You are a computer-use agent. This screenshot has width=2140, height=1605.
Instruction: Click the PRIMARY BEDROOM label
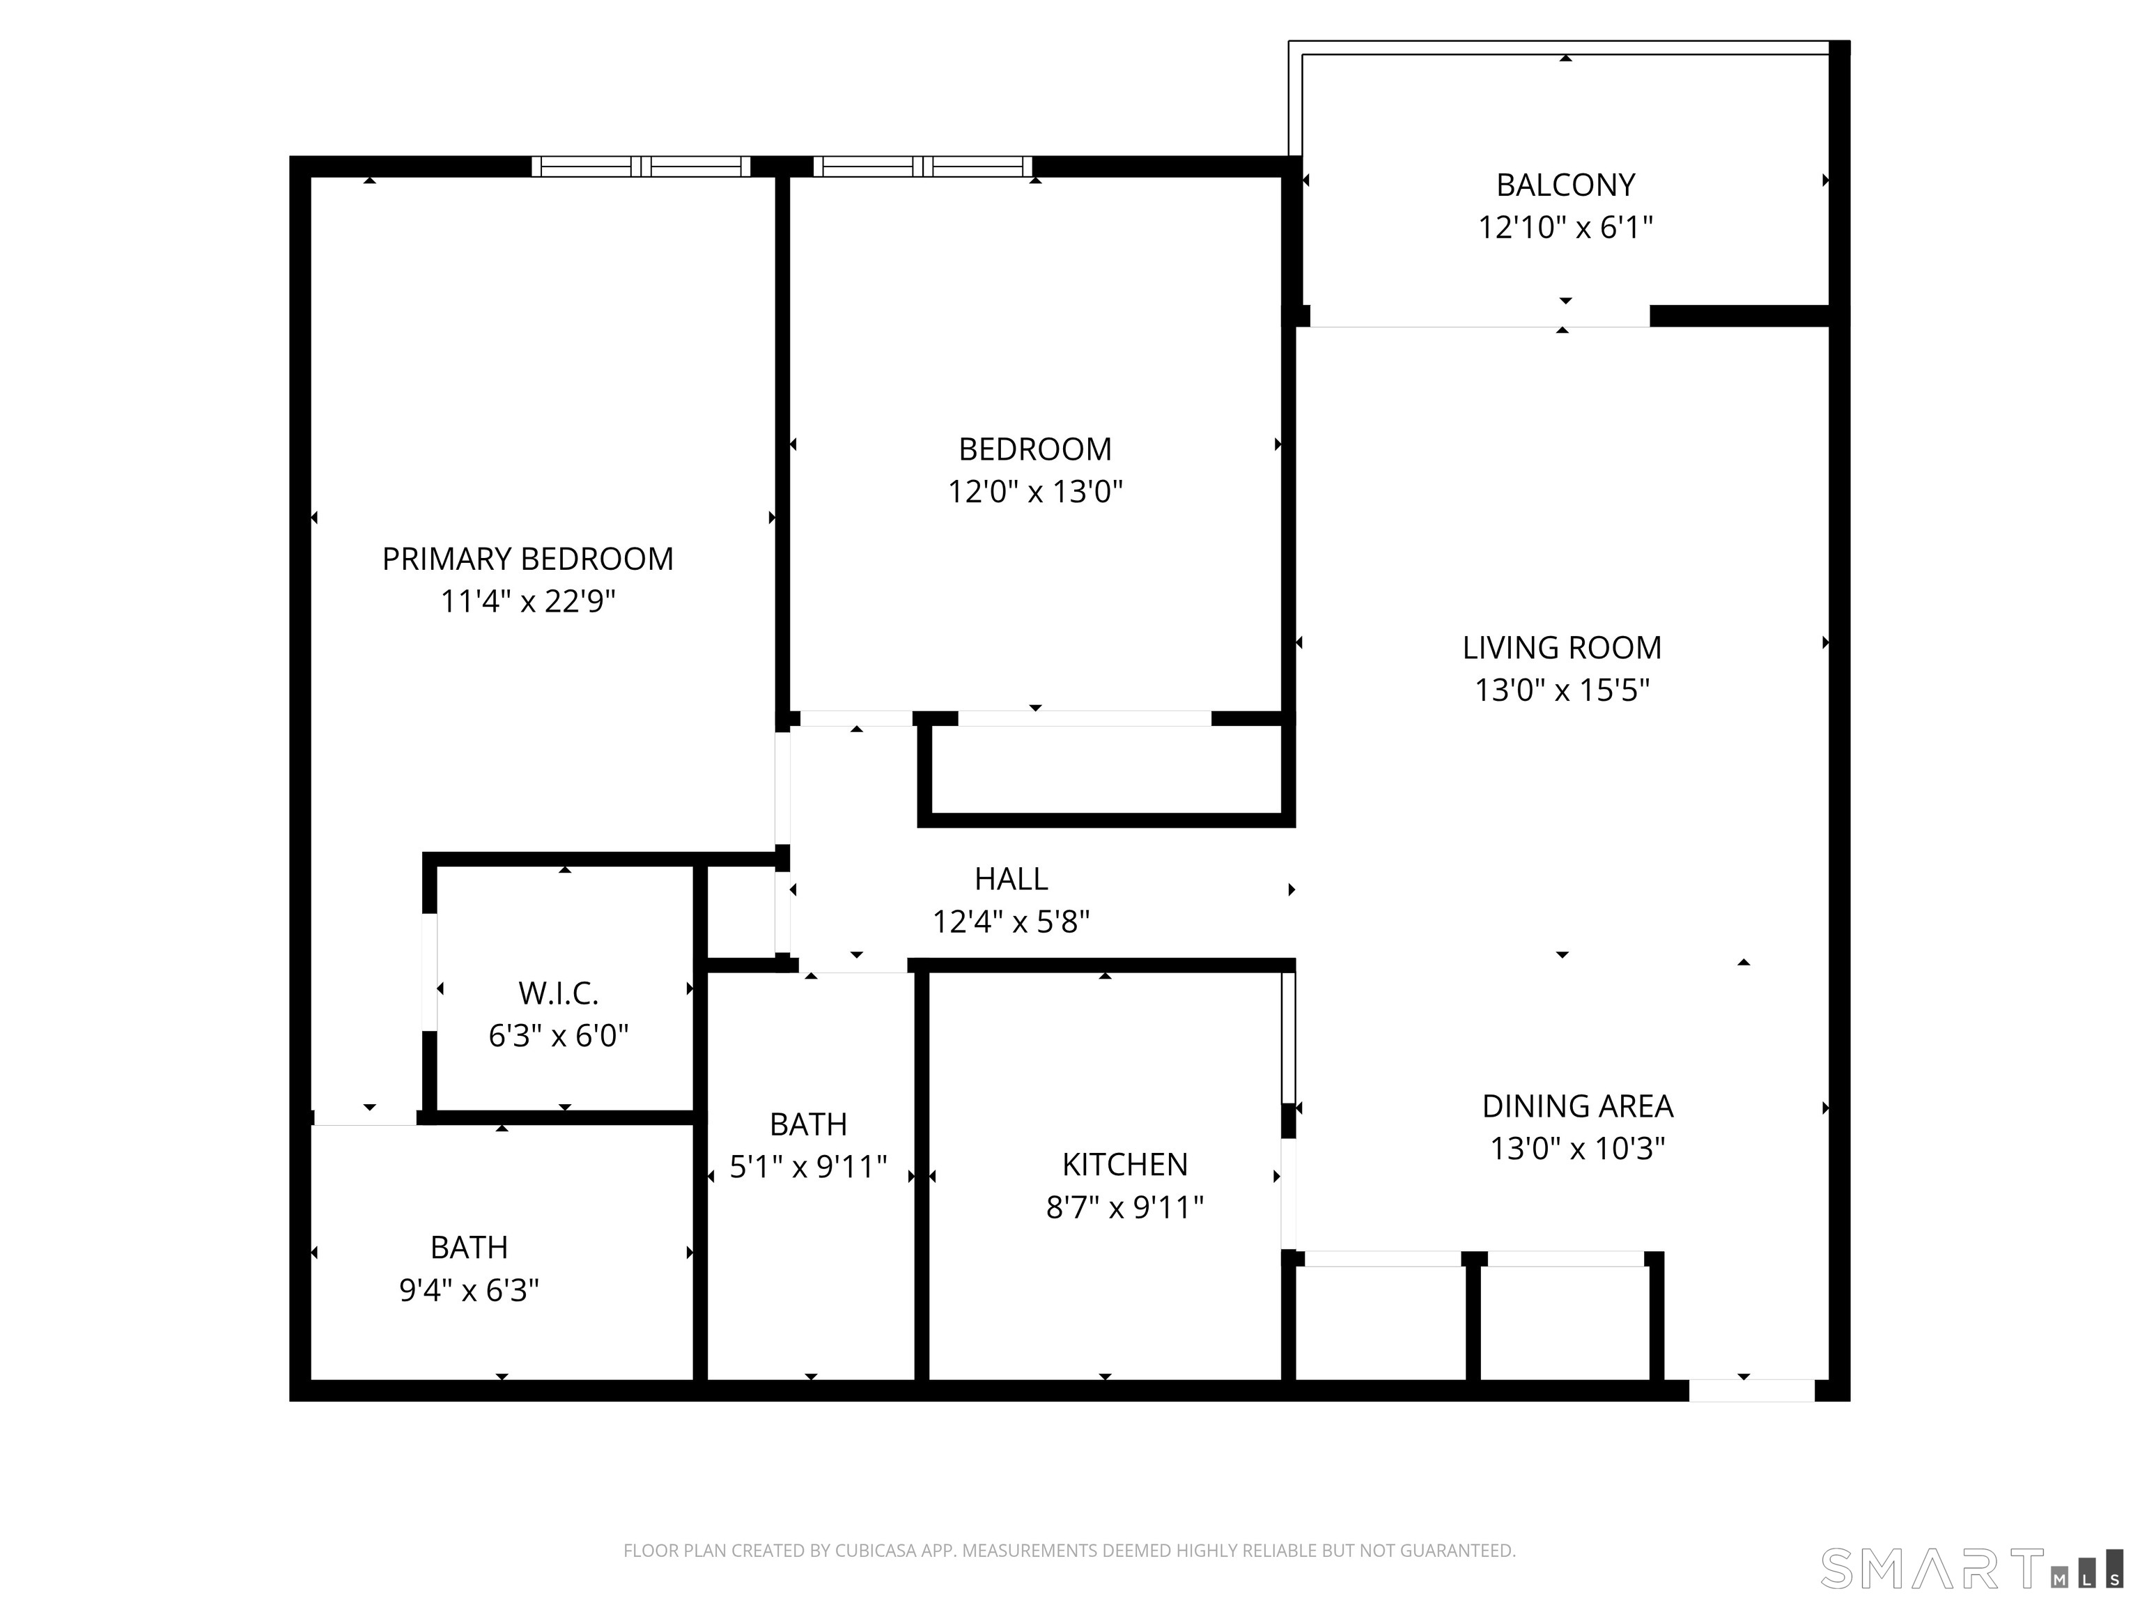coord(527,559)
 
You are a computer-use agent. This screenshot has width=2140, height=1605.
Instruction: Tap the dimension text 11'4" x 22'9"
coord(527,602)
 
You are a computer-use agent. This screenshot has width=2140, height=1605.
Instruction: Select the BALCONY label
coord(1565,185)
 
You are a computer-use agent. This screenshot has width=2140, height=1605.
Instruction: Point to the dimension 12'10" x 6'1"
coord(1565,227)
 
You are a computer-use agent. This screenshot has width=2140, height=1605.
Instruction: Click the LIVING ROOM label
coord(1562,647)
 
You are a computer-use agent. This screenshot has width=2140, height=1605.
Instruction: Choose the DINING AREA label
coord(1577,1106)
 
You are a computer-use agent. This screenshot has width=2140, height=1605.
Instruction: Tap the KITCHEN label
coord(1124,1165)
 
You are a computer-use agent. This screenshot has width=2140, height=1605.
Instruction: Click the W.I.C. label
coord(558,993)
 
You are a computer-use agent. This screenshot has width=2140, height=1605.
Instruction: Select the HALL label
coord(1011,878)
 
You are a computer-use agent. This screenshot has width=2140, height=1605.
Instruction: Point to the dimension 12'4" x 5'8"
coord(1011,922)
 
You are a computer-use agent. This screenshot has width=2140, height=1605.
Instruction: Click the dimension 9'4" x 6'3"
coord(470,1291)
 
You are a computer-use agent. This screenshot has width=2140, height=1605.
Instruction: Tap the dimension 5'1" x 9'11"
coord(808,1168)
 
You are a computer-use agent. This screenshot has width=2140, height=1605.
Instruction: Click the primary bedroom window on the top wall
coord(640,166)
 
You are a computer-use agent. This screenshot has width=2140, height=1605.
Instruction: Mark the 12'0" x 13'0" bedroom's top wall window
coord(923,166)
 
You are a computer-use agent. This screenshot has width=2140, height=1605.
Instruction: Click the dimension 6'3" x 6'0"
coord(558,1036)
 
